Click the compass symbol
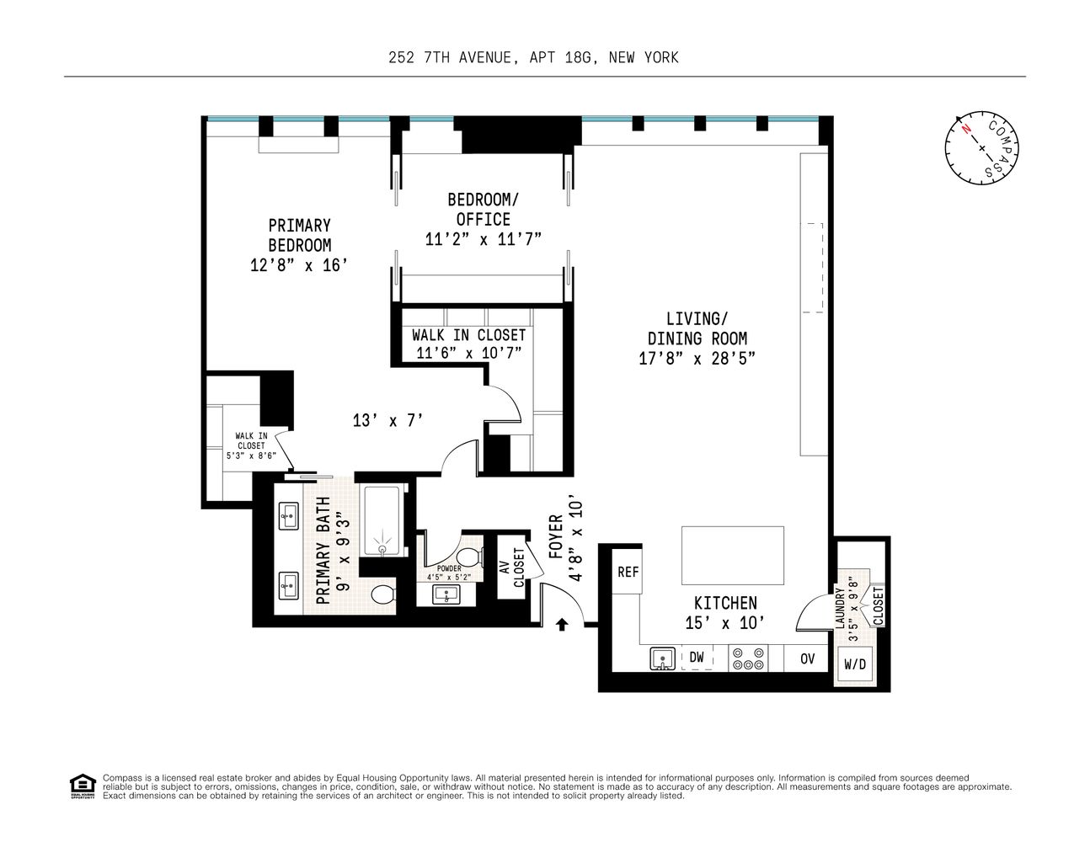point(980,147)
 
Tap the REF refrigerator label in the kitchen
point(628,572)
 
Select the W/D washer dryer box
point(855,663)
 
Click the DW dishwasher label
point(697,657)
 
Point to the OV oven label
point(807,658)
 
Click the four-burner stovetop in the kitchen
point(746,658)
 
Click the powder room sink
point(444,594)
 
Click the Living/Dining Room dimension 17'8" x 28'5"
point(697,358)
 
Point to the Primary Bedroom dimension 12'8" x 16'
point(299,265)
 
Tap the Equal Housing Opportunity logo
point(82,786)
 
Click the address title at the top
point(533,58)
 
